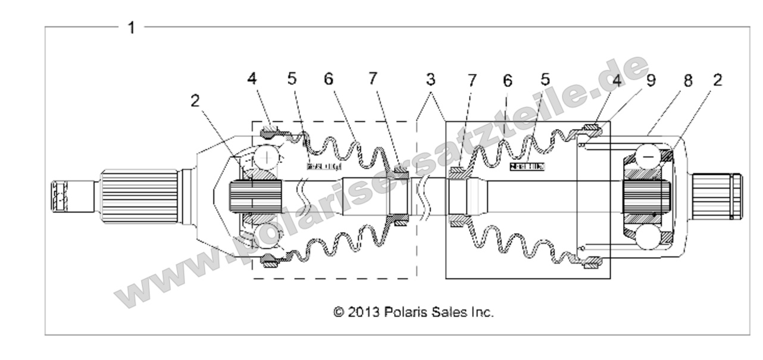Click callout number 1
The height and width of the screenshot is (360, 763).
pos(132,27)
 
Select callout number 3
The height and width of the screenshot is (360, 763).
pos(430,79)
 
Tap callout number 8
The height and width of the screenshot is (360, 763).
pos(688,81)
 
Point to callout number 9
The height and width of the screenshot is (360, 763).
pos(651,80)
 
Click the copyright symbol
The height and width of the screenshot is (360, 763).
pos(339,311)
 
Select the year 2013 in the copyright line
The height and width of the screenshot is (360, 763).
pos(364,311)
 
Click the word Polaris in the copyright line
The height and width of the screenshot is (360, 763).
pos(404,311)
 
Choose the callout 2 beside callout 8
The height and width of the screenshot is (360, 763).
pos(717,80)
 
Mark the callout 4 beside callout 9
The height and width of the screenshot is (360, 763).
pos(616,80)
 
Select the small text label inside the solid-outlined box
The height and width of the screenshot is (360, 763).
pos(527,167)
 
